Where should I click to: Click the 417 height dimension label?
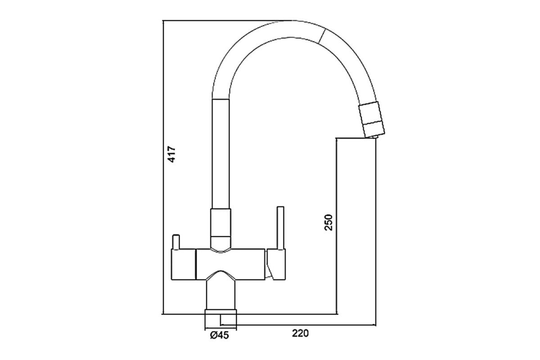pyautogui.click(x=171, y=154)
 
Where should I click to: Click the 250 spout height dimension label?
pyautogui.click(x=328, y=222)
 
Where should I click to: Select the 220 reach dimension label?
pyautogui.click(x=300, y=333)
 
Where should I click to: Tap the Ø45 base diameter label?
pyautogui.click(x=220, y=335)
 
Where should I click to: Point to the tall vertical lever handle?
pyautogui.click(x=281, y=228)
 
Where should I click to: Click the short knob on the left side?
pyautogui.click(x=176, y=242)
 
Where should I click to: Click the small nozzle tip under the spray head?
pyautogui.click(x=373, y=137)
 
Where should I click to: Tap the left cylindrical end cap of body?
pyautogui.click(x=183, y=265)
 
